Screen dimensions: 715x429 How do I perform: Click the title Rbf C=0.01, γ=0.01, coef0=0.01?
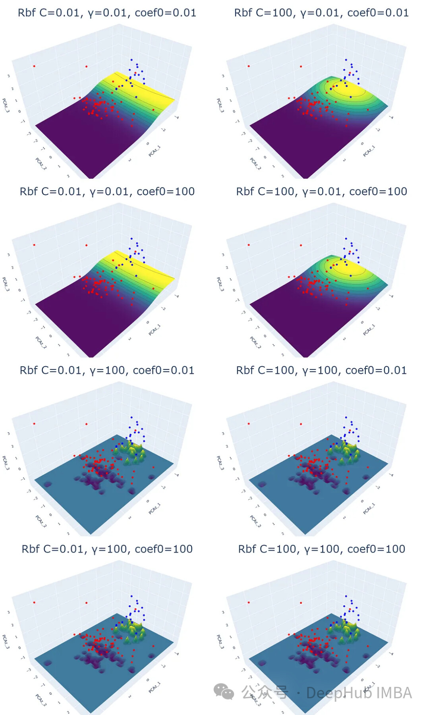[107, 13]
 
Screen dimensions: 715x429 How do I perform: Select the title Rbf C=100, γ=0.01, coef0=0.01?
[321, 13]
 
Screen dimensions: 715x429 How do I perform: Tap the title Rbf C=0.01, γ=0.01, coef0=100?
[107, 191]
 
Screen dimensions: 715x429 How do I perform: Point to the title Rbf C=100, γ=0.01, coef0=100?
[321, 191]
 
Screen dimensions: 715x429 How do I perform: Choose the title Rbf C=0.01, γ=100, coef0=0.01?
[107, 370]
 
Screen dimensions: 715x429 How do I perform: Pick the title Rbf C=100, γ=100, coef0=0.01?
[321, 370]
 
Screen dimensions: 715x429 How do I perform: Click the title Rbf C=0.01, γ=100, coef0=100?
[107, 549]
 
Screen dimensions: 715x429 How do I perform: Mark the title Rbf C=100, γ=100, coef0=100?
[321, 549]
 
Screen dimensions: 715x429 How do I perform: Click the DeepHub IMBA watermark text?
[359, 693]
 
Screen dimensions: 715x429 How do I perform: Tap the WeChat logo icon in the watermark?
[224, 692]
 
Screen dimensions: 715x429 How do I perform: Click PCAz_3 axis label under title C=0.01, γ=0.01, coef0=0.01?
[6, 105]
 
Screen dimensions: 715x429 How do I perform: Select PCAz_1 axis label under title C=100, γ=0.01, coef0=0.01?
[369, 151]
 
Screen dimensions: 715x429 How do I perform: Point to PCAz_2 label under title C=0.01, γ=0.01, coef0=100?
[41, 342]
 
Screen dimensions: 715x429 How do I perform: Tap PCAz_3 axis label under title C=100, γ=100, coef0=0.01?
[220, 463]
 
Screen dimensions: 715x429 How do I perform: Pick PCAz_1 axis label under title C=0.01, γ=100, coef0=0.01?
[155, 509]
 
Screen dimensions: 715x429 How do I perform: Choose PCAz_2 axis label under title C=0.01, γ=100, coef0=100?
[41, 700]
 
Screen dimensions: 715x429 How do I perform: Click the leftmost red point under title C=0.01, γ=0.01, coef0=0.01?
[34, 66]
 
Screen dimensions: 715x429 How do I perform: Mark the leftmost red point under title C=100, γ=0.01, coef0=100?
[249, 245]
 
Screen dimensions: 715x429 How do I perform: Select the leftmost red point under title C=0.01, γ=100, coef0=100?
[34, 602]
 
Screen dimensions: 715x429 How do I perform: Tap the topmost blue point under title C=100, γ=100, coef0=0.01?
[346, 417]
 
